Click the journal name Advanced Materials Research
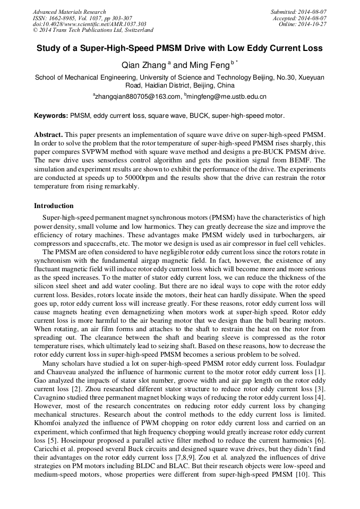tap(70, 12)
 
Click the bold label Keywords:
tap(51, 115)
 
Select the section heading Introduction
tap(54, 206)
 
